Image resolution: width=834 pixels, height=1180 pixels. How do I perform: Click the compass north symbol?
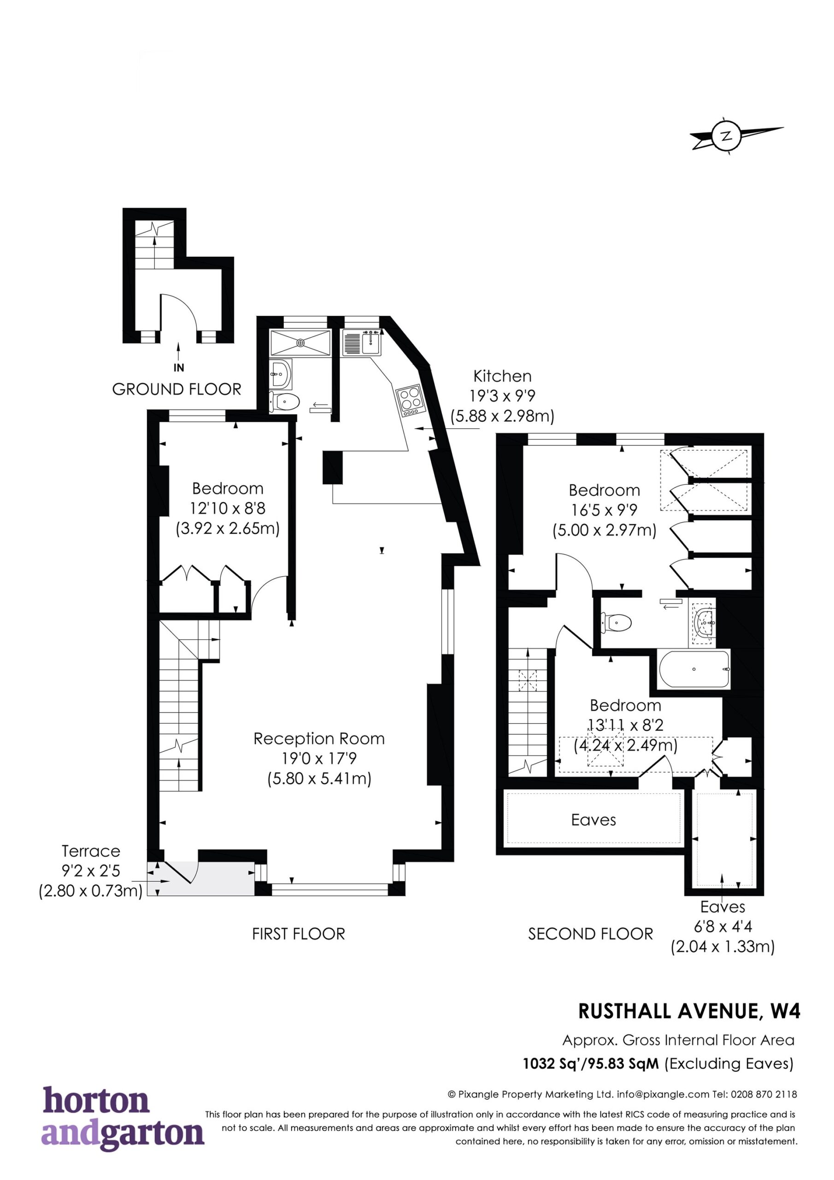click(x=726, y=136)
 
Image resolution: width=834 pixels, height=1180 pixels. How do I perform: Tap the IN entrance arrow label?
click(x=179, y=367)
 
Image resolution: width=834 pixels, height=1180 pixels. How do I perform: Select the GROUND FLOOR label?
click(x=177, y=389)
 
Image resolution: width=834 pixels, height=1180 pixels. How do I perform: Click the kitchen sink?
click(x=362, y=343)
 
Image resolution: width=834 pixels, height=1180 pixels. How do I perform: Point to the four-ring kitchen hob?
click(x=411, y=401)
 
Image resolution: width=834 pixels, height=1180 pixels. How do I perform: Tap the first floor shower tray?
click(x=300, y=342)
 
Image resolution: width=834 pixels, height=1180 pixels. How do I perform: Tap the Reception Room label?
click(x=319, y=738)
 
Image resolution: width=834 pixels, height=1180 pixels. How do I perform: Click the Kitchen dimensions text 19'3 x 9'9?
click(x=503, y=396)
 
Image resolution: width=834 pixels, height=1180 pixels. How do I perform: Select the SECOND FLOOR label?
click(x=590, y=934)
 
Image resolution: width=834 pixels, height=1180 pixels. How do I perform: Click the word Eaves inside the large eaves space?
click(x=593, y=820)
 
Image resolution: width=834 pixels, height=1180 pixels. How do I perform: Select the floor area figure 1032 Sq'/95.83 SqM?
click(x=591, y=1063)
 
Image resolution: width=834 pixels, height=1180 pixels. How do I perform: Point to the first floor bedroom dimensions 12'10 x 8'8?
click(x=228, y=508)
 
